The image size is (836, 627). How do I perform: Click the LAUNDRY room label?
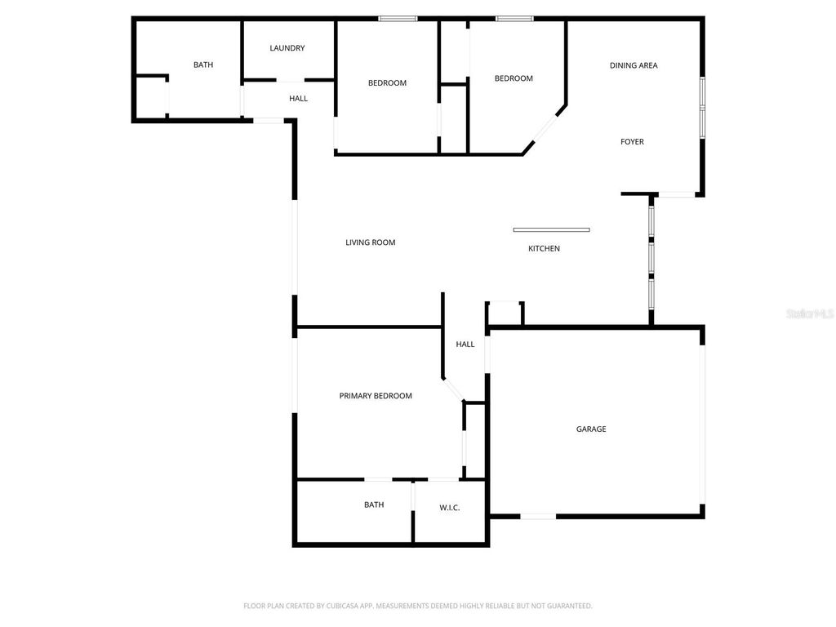pos(287,48)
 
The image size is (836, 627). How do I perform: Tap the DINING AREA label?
pos(634,65)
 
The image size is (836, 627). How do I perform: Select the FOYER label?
pos(632,142)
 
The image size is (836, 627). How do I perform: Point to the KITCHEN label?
pos(544,249)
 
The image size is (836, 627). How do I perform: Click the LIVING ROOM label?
pos(371,242)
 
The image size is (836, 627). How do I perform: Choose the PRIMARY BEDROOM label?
pos(376,396)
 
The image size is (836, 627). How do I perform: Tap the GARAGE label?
pos(591,429)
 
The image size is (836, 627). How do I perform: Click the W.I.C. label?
pos(450,508)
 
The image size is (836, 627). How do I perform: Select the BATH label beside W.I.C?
pos(374,505)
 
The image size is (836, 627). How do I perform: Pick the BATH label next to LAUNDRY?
pos(203,65)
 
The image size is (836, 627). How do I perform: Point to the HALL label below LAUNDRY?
pos(299,99)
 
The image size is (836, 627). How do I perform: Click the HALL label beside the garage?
pos(465,345)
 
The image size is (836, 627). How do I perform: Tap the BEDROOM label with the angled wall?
pos(514,78)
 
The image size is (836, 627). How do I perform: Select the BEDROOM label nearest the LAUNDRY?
pos(387,83)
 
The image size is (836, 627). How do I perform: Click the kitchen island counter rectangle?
pos(551,229)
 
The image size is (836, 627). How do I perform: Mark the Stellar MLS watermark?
pos(810,313)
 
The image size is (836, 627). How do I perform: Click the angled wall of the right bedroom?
pos(545,128)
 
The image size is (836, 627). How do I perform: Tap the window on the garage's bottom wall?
pos(538,516)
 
